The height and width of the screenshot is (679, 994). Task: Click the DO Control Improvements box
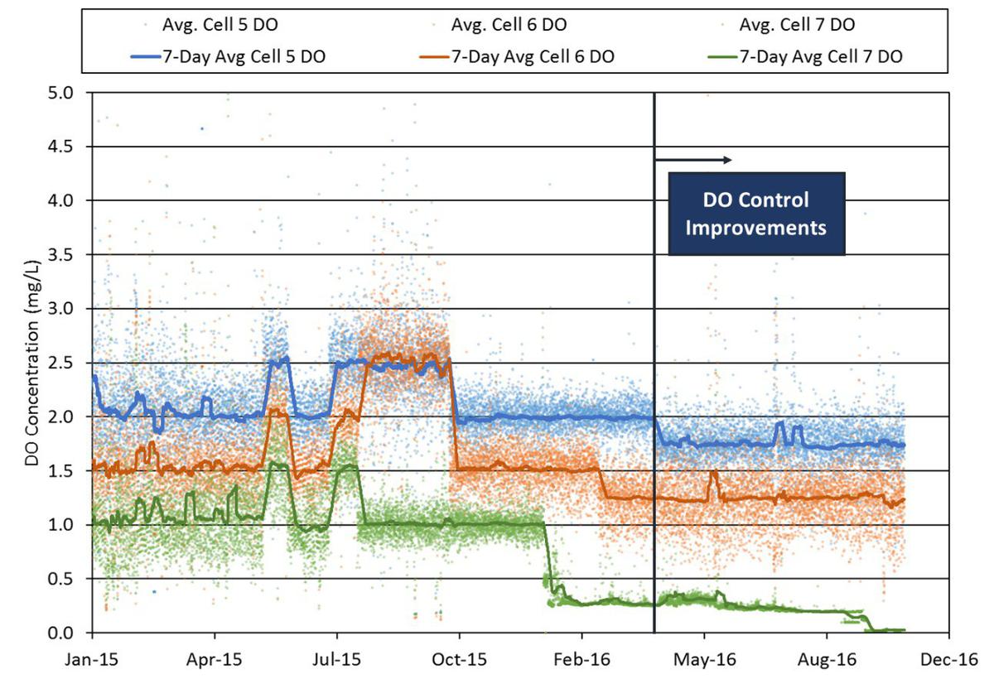[755, 214]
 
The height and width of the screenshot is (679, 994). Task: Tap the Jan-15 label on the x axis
[92, 660]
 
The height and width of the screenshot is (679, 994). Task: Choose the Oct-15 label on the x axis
[460, 660]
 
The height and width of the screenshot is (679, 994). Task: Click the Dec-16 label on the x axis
[951, 660]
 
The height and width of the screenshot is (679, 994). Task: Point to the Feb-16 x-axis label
[581, 660]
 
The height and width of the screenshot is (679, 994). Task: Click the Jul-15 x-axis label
[337, 660]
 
